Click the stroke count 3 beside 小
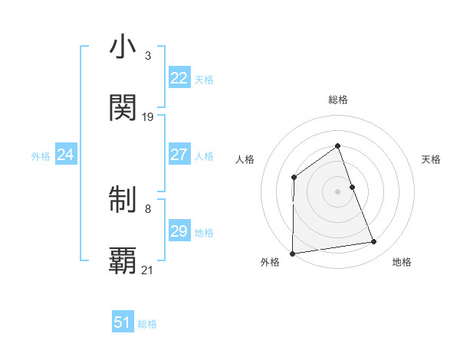point(148,56)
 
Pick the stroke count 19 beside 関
point(148,117)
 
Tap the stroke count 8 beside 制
point(148,208)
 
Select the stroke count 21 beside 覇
point(148,270)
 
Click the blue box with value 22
point(179,78)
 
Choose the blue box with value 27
point(179,155)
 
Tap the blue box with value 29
point(179,231)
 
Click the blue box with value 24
point(66,155)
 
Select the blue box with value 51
point(123,322)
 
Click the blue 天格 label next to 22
point(204,80)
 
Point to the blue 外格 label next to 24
point(41,156)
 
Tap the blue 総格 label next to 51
point(147,324)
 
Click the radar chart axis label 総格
point(338,100)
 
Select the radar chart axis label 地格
point(402,263)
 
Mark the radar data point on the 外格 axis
point(292,254)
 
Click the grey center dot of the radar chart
point(338,191)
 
